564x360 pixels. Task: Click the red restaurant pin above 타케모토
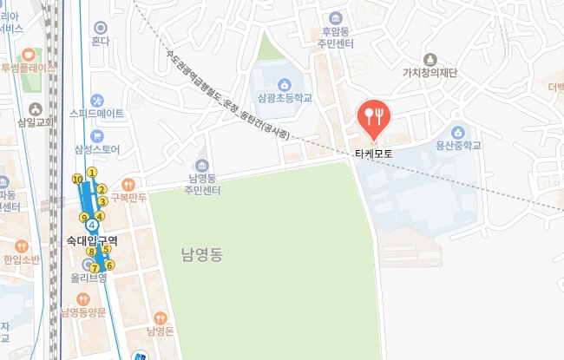(374, 118)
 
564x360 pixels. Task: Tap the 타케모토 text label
(374, 153)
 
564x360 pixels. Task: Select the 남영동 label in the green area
(202, 255)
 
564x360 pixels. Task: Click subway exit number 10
(78, 179)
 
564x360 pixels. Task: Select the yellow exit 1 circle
(92, 172)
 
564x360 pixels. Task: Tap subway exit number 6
(109, 265)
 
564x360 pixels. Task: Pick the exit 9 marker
(84, 218)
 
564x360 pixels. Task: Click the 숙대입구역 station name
(92, 239)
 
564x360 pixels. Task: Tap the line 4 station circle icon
(92, 227)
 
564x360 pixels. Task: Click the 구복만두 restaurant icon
(128, 184)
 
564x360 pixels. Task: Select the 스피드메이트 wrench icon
(97, 100)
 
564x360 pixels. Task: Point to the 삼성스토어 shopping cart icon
(97, 135)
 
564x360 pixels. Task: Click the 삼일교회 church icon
(35, 109)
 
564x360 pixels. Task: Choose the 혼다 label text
(101, 41)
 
